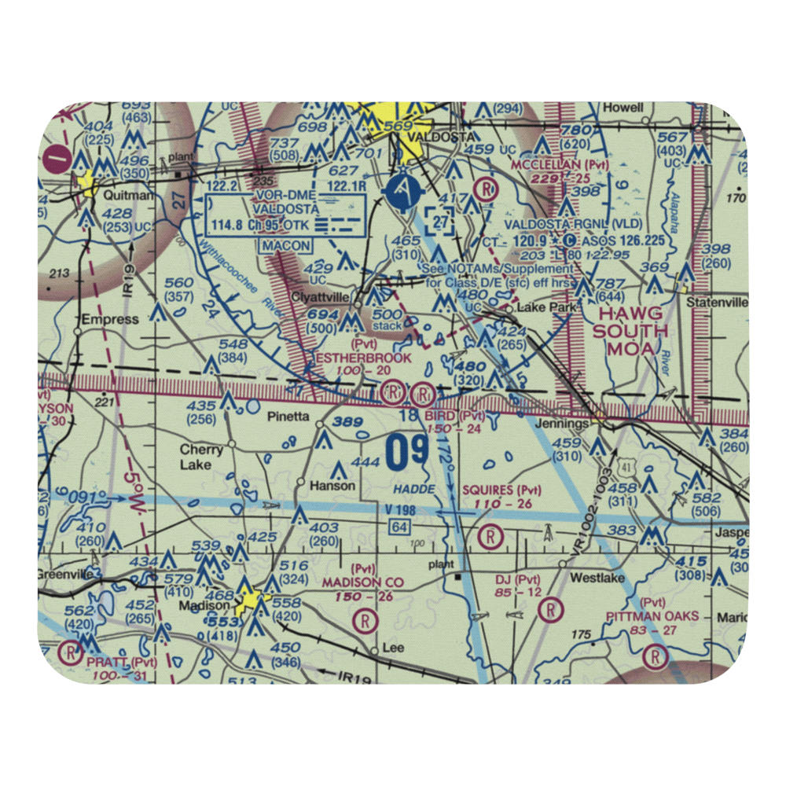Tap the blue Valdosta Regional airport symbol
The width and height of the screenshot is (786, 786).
tap(402, 191)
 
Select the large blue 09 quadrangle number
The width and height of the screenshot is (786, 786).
tap(407, 454)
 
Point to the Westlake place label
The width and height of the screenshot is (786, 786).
tap(597, 578)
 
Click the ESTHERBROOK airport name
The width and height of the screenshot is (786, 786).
tap(363, 358)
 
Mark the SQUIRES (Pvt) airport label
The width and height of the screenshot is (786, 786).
tap(501, 490)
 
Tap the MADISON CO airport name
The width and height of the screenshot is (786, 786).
tap(362, 582)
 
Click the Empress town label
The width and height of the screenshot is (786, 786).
tap(111, 320)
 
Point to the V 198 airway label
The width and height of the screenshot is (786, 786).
tap(401, 512)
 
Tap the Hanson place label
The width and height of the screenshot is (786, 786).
tap(332, 487)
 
